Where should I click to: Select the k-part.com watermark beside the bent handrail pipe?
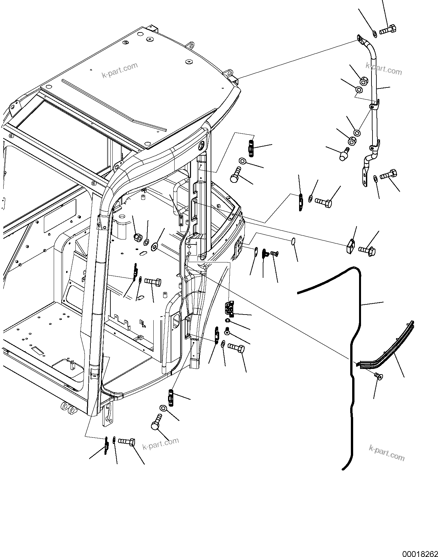pos(383,69)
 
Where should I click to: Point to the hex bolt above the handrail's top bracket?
pos(389,30)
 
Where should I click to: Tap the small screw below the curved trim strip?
pos(380,376)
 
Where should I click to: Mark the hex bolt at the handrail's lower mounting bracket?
pos(389,175)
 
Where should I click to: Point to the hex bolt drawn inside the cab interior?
pos(152,281)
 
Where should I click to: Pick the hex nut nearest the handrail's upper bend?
pos(364,80)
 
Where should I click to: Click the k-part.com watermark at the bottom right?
pos(387,452)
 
